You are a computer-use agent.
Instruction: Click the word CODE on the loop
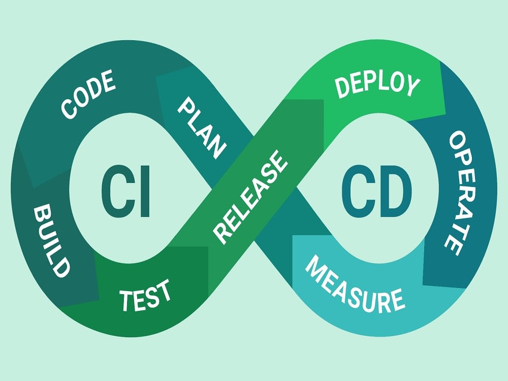tap(88, 94)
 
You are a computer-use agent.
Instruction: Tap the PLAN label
tap(202, 128)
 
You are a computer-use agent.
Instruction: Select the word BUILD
tap(52, 240)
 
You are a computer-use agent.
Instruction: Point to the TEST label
tap(145, 295)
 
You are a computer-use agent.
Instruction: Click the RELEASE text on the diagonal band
tap(250, 197)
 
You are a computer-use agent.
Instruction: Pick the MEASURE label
tap(355, 285)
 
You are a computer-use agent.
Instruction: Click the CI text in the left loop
tap(125, 191)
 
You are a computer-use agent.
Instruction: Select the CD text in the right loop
tap(377, 191)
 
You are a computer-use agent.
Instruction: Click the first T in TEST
tap(126, 300)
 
